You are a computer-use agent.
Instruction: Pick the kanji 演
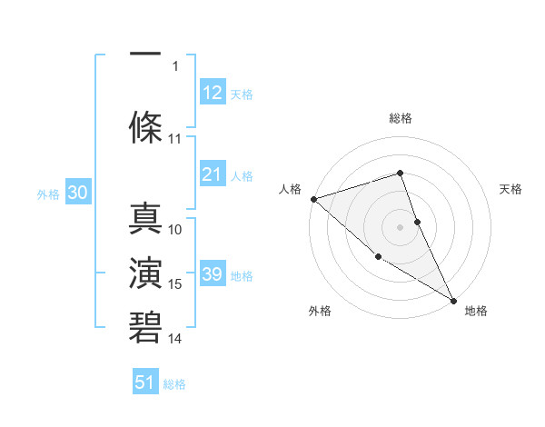tap(145, 273)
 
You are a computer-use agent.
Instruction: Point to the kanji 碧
tap(145, 326)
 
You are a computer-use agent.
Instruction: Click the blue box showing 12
tap(213, 93)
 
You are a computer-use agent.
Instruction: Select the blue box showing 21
tap(213, 174)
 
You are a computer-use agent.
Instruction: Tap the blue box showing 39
tap(213, 274)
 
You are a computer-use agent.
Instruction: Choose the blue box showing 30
tap(77, 194)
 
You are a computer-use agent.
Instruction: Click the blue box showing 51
tap(145, 382)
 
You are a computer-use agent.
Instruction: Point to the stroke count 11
tap(175, 139)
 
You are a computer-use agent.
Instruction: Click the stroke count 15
tap(175, 284)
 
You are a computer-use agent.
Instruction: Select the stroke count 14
tap(175, 339)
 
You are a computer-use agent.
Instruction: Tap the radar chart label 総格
tap(400, 118)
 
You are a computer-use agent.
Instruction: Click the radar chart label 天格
tap(511, 189)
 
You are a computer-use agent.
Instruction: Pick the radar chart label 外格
tap(320, 311)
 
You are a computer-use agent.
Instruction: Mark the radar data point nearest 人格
tap(312, 198)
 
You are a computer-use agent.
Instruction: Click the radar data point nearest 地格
tap(453, 300)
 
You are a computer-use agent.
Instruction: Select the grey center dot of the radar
tap(400, 226)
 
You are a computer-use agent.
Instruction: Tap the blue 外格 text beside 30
tap(48, 194)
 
